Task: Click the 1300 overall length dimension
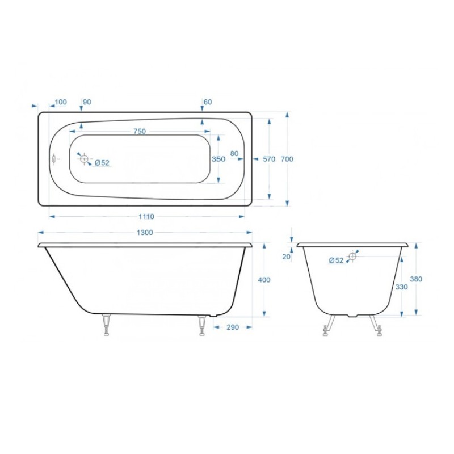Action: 145,233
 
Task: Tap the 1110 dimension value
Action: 146,217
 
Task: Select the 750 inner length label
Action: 140,131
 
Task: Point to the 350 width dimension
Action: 218,159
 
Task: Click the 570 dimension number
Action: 269,159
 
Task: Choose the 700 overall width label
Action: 287,159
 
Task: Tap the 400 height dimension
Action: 264,280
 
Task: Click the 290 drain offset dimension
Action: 233,327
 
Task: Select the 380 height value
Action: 416,279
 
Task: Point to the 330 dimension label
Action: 401,287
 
